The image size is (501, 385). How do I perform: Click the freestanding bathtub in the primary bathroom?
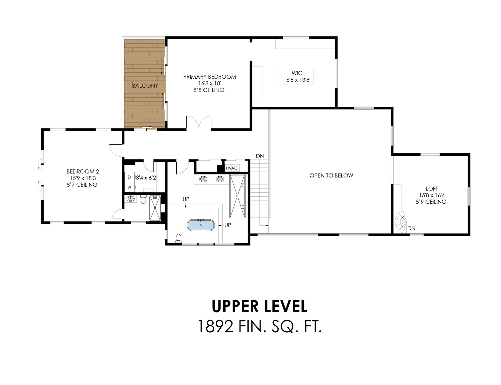click(x=200, y=225)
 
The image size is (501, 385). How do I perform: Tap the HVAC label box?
click(x=231, y=168)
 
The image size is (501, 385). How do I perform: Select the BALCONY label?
click(x=145, y=86)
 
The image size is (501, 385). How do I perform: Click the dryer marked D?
click(x=129, y=177)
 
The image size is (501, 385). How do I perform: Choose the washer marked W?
click(x=129, y=187)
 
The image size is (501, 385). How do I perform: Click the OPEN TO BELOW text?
click(x=331, y=175)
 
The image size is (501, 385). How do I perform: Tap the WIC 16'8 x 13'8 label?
click(x=297, y=76)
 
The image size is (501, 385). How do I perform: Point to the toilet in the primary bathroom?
click(x=179, y=238)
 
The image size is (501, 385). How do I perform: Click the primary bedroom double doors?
click(x=199, y=122)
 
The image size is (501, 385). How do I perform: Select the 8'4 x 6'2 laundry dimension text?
click(x=146, y=178)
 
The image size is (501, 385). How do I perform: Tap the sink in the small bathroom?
click(x=131, y=198)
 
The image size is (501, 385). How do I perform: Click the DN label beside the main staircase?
click(x=260, y=156)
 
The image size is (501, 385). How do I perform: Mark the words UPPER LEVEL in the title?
click(x=259, y=306)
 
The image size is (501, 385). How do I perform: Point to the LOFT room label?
click(x=431, y=189)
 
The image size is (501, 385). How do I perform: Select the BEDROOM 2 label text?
click(x=83, y=172)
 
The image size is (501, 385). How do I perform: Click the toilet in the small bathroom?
click(x=143, y=200)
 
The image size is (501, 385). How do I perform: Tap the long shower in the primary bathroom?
click(x=237, y=196)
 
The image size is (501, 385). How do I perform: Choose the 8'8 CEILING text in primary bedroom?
click(x=209, y=90)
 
